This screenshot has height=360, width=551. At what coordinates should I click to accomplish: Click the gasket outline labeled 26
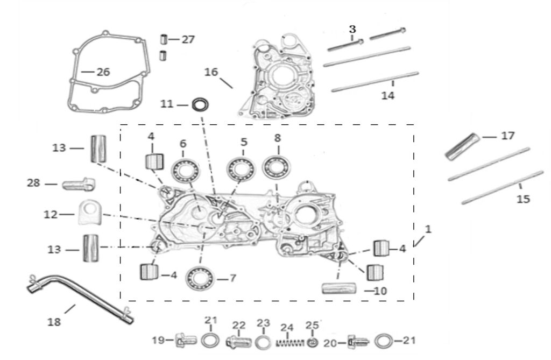[x=75, y=81]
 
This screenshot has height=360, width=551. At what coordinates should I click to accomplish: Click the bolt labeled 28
[x=79, y=185]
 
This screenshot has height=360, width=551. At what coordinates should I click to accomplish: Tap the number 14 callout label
[x=388, y=96]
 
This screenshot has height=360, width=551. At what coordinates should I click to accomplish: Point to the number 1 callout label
[x=427, y=229]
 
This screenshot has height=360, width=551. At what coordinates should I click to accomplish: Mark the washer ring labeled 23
[x=263, y=342]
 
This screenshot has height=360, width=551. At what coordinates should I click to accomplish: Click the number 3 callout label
[x=352, y=28]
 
